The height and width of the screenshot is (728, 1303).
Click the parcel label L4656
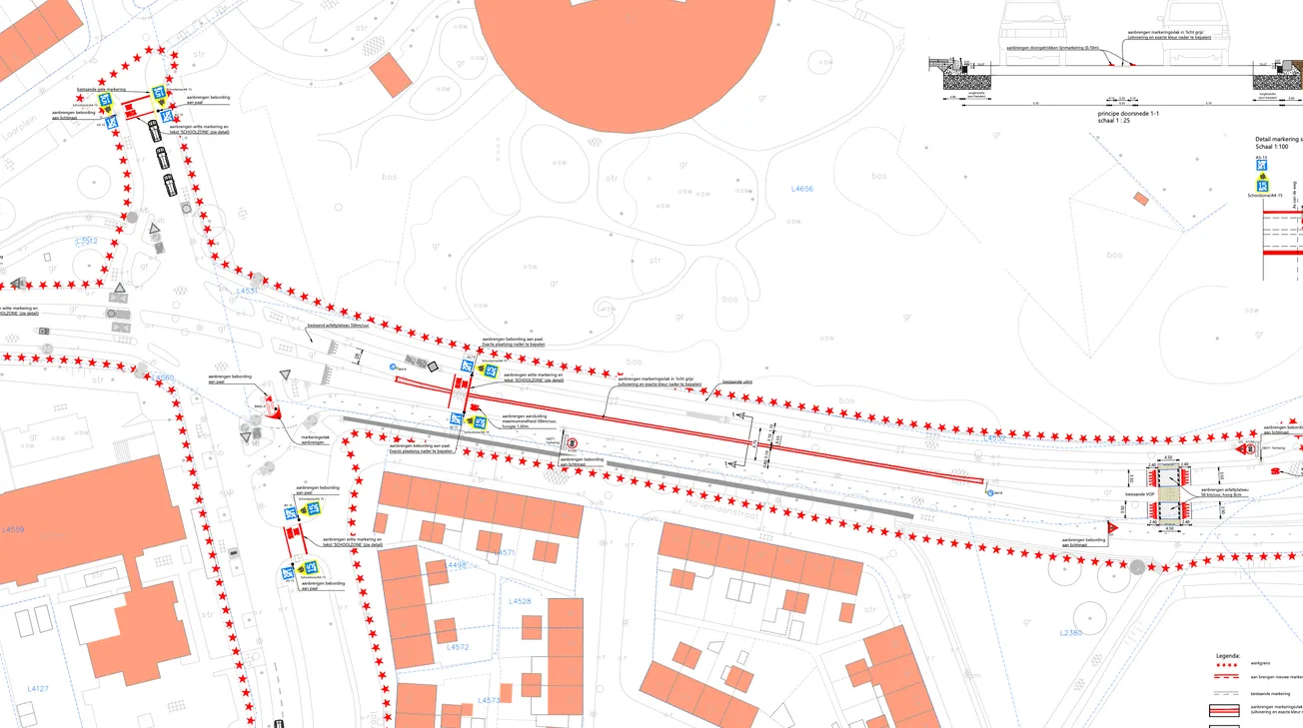pos(802,189)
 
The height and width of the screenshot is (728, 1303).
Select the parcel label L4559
pos(13,529)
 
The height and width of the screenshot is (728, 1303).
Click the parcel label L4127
pos(38,688)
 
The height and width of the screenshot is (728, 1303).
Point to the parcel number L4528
pos(520,601)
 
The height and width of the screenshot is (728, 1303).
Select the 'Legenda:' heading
pos(1227,656)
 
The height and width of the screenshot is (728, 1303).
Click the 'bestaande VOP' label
pos(1139,494)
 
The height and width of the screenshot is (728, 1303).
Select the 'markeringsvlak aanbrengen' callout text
pos(316,438)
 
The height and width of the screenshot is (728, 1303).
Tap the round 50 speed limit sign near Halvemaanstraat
pos(572,442)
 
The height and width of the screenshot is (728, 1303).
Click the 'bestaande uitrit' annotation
pos(736,381)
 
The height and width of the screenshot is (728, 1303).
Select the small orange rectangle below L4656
pos(1141,199)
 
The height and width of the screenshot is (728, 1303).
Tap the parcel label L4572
pos(458,647)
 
